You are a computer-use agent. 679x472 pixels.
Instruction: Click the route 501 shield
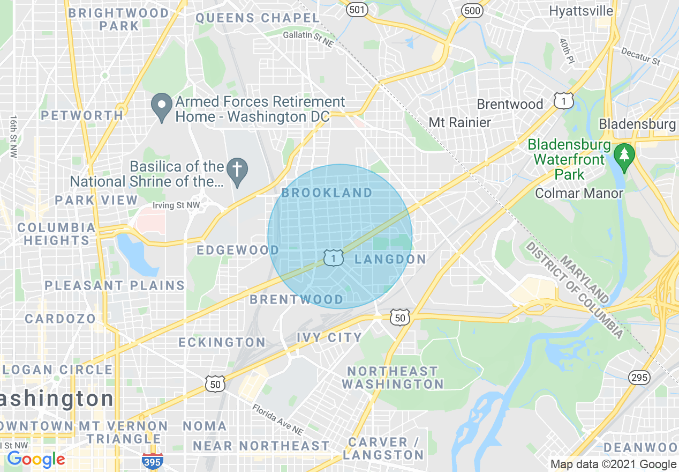[x=357, y=10]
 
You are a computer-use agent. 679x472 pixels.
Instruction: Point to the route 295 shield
[x=640, y=378]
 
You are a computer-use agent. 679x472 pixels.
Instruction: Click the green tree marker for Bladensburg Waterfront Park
[x=624, y=155]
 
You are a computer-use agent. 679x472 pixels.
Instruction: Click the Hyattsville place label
[x=581, y=11]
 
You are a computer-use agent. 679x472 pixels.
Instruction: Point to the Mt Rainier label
[x=459, y=122]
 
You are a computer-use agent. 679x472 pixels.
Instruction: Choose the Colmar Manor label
[x=579, y=193]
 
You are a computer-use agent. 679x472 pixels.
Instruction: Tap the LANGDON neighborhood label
[x=390, y=260]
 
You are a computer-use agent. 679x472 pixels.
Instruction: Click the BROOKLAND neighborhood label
[x=327, y=193]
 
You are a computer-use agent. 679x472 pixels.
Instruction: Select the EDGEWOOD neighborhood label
[x=238, y=250]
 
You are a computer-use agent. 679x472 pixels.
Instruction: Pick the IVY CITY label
[x=329, y=337]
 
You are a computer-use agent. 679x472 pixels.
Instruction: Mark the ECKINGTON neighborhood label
[x=222, y=342]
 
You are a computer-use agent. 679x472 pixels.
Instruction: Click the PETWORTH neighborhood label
[x=82, y=115]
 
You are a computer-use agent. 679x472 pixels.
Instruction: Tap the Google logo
[x=36, y=459]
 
